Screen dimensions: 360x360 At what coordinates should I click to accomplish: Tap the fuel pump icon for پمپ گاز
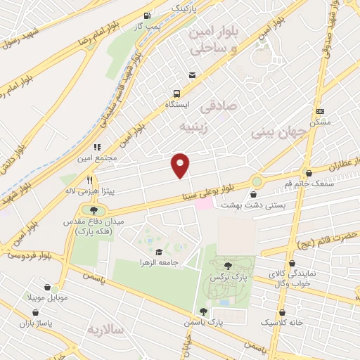(146, 15)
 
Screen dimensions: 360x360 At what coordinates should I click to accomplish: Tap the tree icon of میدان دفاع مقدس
(94, 210)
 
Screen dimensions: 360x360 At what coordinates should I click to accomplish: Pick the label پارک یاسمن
(205, 321)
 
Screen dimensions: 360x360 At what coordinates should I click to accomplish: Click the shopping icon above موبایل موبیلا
(47, 288)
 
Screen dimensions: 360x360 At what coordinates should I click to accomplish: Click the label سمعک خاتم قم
(309, 184)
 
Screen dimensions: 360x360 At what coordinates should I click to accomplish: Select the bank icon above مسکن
(320, 111)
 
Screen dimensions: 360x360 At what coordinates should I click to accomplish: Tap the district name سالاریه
(105, 329)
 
